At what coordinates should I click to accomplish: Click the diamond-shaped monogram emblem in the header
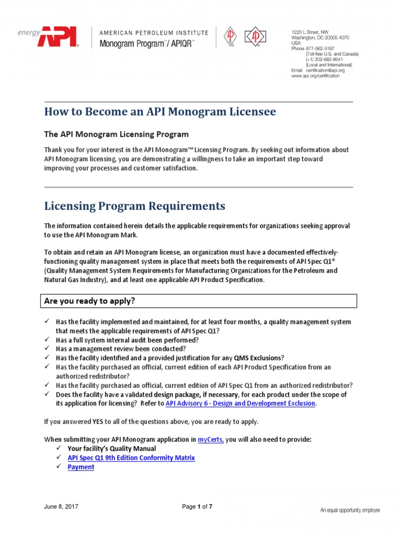click(256, 37)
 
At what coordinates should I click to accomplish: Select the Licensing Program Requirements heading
click(135, 206)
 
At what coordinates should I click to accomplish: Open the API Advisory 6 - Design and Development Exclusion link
click(240, 404)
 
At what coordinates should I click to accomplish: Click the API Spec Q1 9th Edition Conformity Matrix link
click(131, 458)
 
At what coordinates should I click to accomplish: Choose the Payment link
click(81, 467)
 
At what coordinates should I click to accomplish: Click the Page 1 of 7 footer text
click(197, 507)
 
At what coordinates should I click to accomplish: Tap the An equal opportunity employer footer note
click(349, 510)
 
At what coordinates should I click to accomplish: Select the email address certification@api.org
click(325, 70)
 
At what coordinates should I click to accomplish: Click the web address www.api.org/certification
click(315, 76)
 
